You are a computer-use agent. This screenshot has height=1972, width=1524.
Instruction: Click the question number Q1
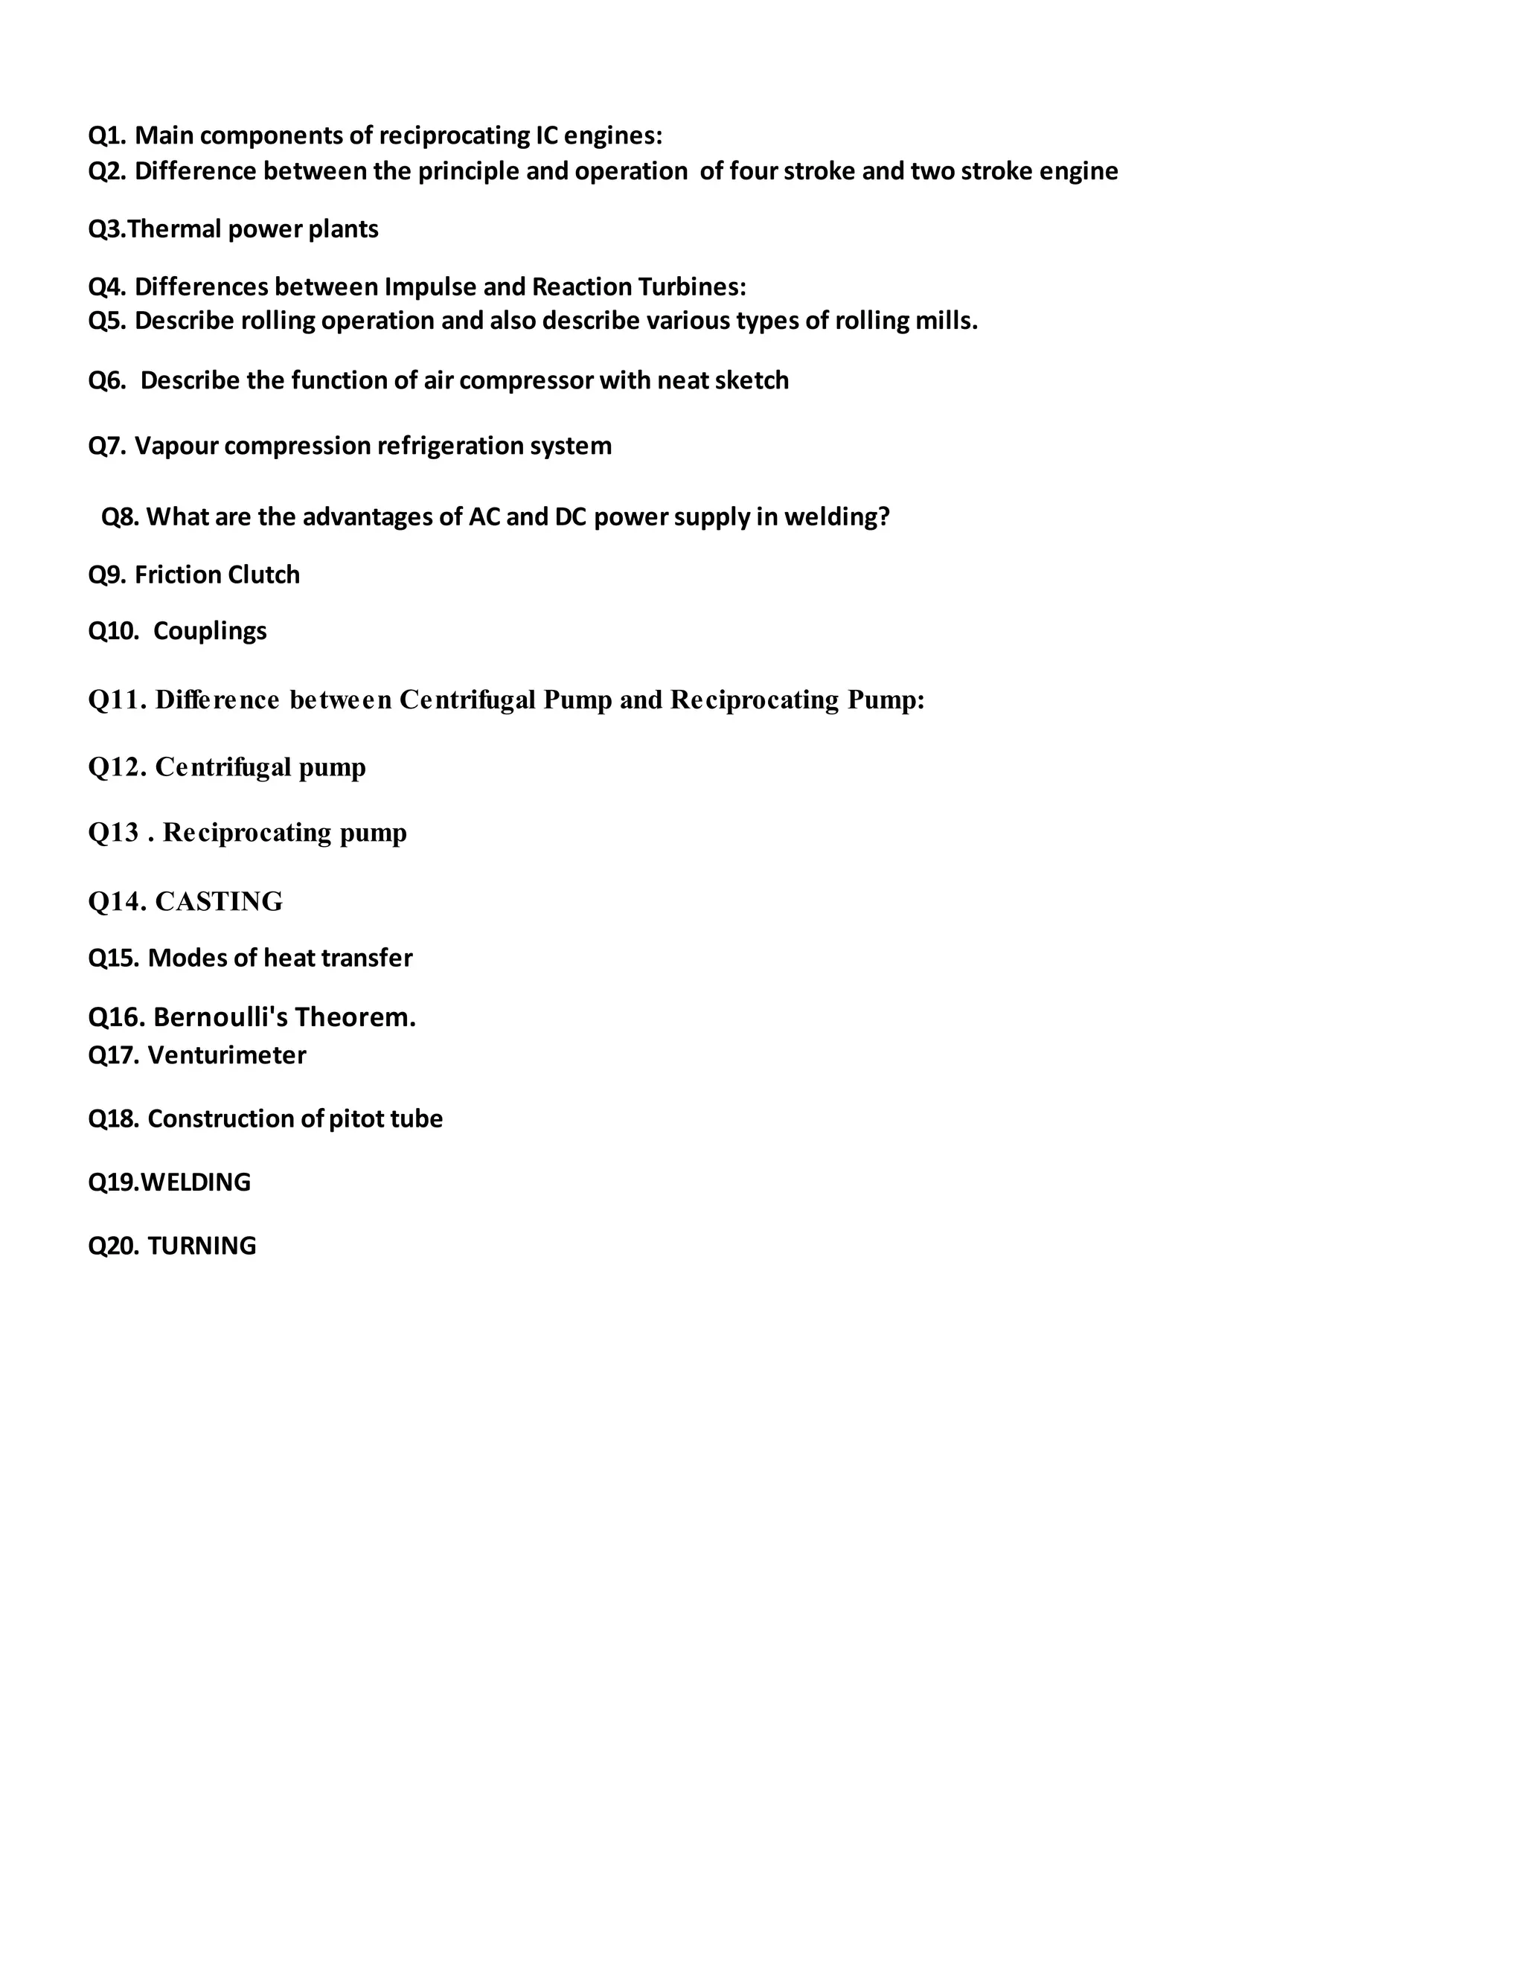106,135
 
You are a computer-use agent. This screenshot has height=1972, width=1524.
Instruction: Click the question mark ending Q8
884,516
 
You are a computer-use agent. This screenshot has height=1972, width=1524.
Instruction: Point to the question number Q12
118,767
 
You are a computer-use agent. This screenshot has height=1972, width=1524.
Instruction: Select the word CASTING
219,901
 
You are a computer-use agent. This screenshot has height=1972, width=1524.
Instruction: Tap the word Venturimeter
227,1054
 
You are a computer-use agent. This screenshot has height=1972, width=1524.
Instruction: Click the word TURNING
202,1246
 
